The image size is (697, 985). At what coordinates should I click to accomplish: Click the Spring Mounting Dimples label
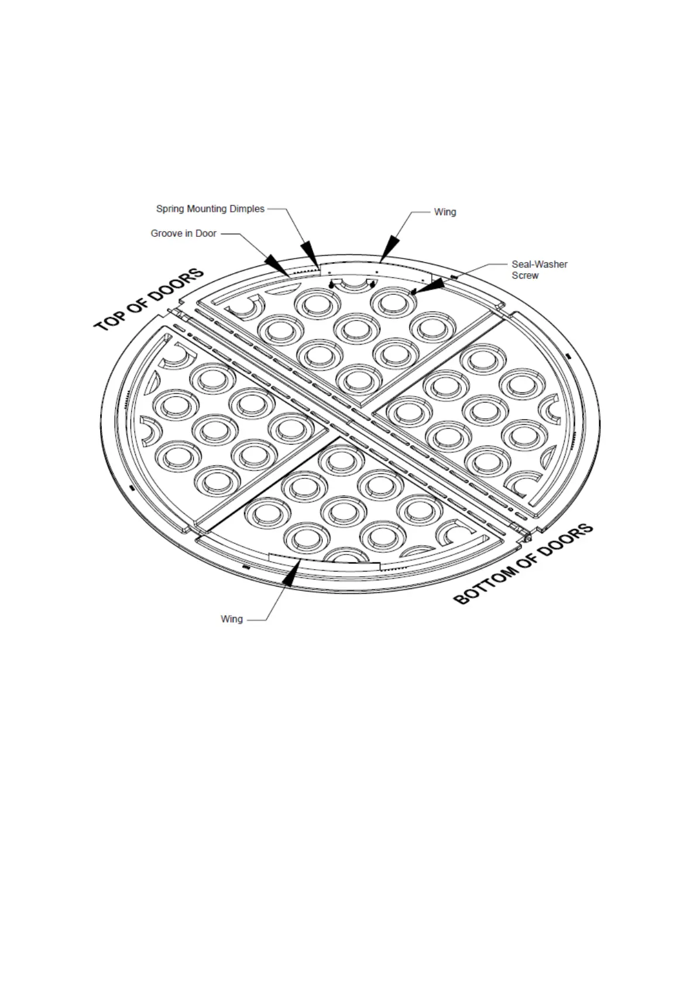tap(210, 209)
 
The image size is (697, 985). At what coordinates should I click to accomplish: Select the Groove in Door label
tap(183, 233)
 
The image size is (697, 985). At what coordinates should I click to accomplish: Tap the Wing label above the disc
tap(445, 212)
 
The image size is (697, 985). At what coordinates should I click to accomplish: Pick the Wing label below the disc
tap(232, 619)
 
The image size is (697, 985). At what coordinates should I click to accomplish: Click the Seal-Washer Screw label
tap(539, 270)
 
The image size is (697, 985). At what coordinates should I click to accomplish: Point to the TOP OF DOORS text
tap(150, 299)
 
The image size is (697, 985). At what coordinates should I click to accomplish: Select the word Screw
tap(525, 275)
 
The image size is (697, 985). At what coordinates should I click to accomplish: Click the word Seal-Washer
tap(539, 264)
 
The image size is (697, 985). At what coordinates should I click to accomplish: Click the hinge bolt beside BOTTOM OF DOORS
tap(527, 535)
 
